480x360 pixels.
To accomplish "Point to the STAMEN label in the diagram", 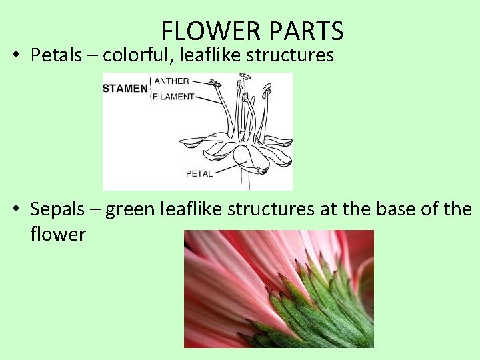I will pos(125,89).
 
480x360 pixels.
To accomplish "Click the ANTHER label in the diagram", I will pos(172,81).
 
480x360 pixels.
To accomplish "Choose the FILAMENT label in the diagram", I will pos(175,97).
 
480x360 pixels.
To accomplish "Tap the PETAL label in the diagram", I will pos(199,174).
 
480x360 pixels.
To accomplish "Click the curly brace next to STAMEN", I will pos(151,89).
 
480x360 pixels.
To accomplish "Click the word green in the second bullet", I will pos(131,209).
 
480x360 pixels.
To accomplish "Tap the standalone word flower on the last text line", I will pos(58,234).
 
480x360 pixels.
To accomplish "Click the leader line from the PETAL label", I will pos(227,167).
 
